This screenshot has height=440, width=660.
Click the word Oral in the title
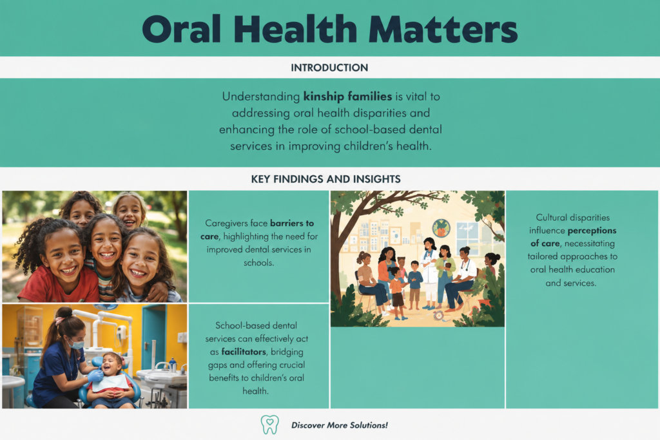(182, 29)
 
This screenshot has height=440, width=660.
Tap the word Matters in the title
(443, 29)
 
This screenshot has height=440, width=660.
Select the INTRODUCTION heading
(329, 68)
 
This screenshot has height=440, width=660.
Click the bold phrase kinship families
(347, 97)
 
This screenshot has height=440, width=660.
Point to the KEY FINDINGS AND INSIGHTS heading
(325, 179)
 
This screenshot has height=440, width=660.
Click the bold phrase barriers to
(292, 223)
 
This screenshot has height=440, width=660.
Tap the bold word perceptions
(592, 231)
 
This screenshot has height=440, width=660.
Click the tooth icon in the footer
(270, 425)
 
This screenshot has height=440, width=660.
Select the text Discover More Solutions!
(340, 425)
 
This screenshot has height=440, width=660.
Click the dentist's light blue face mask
(76, 345)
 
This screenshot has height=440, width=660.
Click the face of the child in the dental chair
(112, 364)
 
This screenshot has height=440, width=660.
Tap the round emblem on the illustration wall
(441, 229)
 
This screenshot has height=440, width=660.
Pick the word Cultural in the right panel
(552, 218)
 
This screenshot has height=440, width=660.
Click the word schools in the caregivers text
(258, 263)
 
